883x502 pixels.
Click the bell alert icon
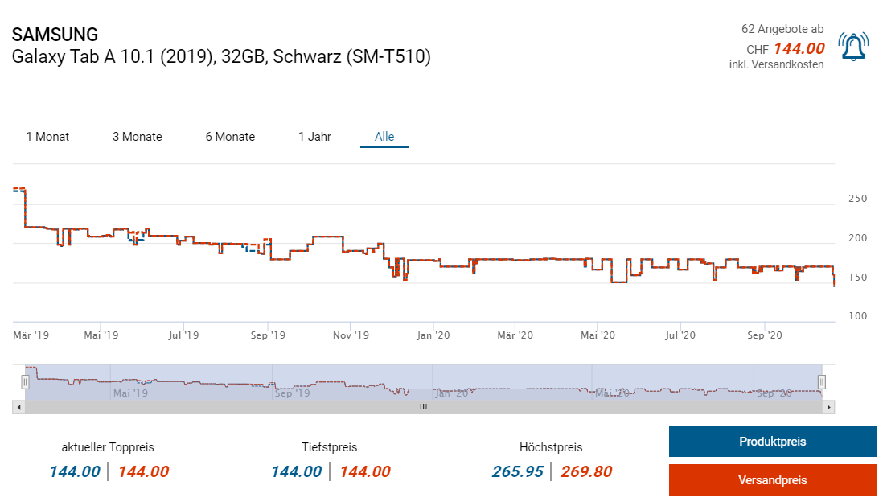853,47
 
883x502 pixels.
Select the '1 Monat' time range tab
47,137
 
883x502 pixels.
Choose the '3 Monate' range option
137,137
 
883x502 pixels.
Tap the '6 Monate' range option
230,137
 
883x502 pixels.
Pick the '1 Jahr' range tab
314,137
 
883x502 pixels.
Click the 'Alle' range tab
384,137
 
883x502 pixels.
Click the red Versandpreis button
772,480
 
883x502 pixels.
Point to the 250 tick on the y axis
857,199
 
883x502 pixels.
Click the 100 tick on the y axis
857,316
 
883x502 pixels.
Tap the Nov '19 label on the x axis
351,335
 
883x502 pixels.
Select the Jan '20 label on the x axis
433,335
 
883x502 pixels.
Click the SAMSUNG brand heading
55,35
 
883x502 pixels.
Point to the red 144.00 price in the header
799,48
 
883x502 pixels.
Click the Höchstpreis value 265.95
518,471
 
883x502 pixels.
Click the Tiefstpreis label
329,447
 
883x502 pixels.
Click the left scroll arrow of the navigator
18,407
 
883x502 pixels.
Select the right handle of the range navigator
822,381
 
